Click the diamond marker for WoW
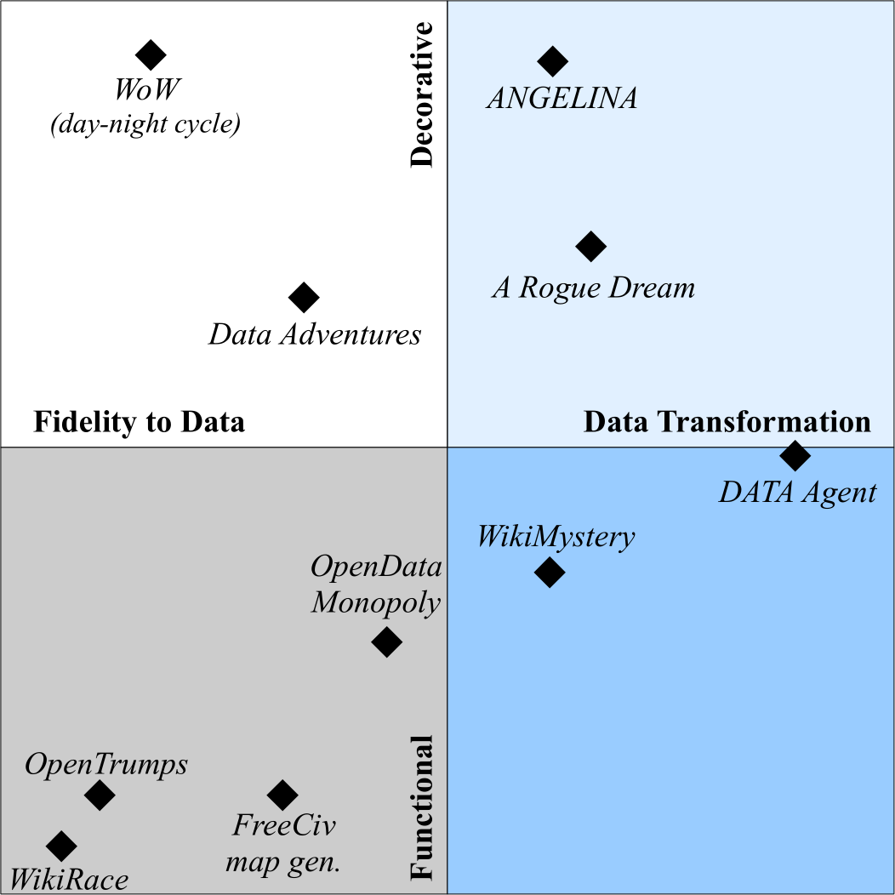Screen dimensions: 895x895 [151, 55]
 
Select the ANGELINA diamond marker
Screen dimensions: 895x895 [553, 60]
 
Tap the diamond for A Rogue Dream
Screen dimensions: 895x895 [590, 247]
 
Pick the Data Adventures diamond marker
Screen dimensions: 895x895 [304, 298]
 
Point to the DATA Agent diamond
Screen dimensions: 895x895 [795, 455]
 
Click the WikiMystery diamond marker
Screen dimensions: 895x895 [550, 573]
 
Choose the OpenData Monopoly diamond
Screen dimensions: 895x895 [387, 641]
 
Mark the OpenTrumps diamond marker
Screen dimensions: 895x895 [100, 795]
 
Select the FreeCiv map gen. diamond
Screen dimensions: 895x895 [282, 795]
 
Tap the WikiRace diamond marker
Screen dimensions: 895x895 [61, 846]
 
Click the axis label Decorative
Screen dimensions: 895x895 [422, 94]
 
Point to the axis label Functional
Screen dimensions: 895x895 [422, 807]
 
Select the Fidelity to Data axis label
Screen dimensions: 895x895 [139, 422]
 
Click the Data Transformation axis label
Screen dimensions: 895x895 [727, 422]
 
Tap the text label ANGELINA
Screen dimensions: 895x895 [562, 99]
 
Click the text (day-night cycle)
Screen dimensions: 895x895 [145, 125]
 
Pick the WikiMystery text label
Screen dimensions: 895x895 [556, 538]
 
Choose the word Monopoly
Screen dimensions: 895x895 [375, 603]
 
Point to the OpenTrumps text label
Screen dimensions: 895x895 [106, 764]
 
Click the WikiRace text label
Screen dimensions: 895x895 [68, 879]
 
